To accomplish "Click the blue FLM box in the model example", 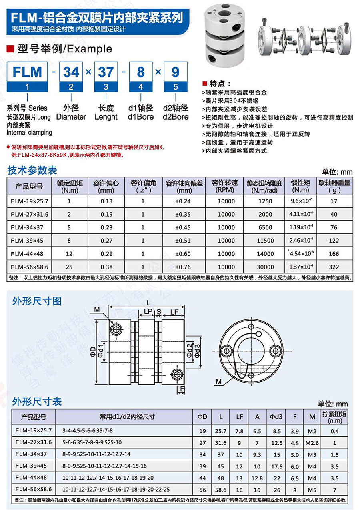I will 27,72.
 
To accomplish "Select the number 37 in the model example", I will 106,72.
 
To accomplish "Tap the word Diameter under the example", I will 71,117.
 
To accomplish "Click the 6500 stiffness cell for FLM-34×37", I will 265,227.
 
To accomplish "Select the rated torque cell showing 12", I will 69,254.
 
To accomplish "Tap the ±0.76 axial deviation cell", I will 183,267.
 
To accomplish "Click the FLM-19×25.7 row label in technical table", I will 29,201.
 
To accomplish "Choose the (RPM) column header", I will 226,190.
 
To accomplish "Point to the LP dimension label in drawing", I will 148,311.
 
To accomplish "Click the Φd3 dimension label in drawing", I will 197,350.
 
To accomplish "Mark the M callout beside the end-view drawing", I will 219,382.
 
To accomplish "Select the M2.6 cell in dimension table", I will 312,443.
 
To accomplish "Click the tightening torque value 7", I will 335,489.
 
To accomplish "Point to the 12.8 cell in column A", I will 257,478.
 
